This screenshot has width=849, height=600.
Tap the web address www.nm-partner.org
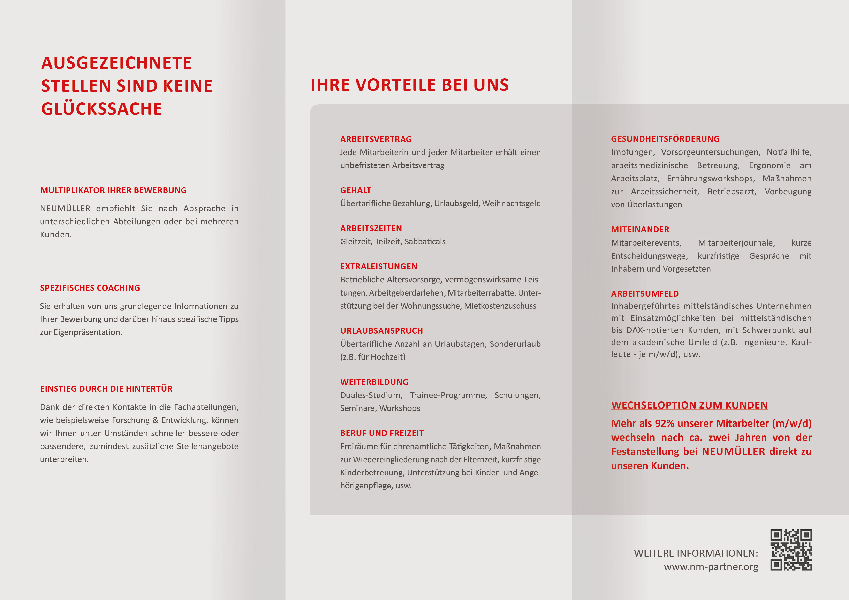711,567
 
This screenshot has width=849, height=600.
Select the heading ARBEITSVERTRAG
376,139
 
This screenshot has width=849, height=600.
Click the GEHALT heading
355,190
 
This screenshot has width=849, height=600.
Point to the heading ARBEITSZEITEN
371,228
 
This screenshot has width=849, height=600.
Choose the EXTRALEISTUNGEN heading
379,267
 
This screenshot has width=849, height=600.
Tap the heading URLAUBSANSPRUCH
381,331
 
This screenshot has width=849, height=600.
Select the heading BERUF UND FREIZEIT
382,433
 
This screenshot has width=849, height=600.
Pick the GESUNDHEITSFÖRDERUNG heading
665,139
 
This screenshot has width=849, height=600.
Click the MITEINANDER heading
640,230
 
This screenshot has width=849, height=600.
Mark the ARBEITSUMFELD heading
644,294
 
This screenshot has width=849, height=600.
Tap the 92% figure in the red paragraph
665,424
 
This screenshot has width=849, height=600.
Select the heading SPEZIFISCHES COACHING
90,288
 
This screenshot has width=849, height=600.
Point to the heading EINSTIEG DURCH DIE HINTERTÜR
106,389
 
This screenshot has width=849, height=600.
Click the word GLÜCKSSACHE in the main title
102,109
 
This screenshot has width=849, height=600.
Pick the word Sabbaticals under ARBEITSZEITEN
425,242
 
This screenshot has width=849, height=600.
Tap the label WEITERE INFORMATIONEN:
696,553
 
